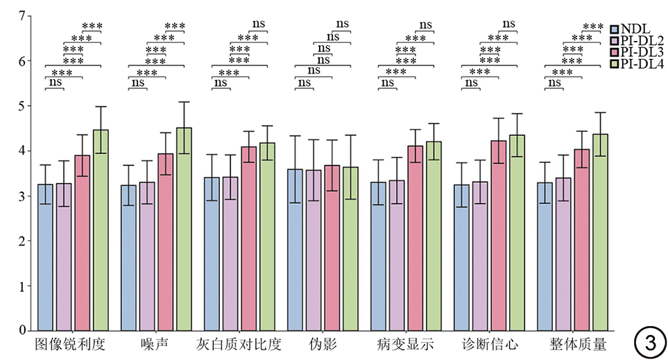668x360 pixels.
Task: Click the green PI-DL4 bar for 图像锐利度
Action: click(x=101, y=230)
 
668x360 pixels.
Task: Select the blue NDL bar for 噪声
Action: click(x=128, y=257)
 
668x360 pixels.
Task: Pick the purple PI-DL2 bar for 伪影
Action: click(x=313, y=250)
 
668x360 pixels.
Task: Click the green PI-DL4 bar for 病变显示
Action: click(x=434, y=236)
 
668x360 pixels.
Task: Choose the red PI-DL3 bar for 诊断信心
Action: click(x=498, y=235)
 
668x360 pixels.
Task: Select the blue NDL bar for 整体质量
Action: click(x=545, y=256)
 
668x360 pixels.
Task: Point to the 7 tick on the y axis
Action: click(x=22, y=16)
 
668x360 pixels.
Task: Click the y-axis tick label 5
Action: click(x=22, y=106)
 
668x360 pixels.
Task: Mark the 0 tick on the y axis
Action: click(x=22, y=330)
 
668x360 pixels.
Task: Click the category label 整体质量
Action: click(x=572, y=345)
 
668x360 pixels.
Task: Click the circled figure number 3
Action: click(x=649, y=342)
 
